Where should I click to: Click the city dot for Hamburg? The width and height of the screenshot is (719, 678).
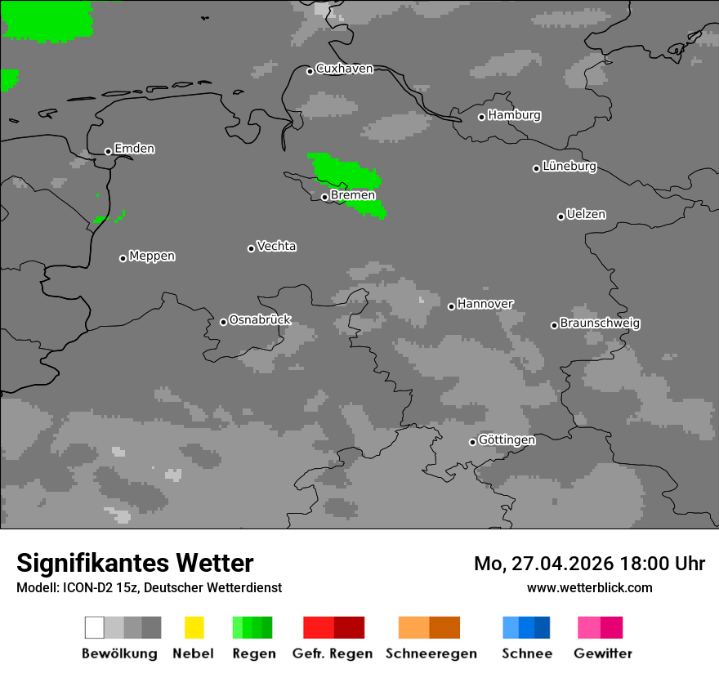coord(482,117)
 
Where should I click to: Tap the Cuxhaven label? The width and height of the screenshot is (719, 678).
coord(344,69)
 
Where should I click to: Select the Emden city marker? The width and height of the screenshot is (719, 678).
coord(108,151)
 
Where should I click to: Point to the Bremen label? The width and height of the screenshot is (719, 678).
coord(353,195)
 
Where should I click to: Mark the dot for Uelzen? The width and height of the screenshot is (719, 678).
coord(560,216)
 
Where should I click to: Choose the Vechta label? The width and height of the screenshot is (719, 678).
coord(276,246)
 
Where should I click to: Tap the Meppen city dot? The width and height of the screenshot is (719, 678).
coord(123,258)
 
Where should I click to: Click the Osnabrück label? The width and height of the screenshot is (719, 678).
coord(260,320)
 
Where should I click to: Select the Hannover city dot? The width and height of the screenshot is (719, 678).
coord(451,306)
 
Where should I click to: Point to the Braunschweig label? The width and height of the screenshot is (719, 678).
coord(600,323)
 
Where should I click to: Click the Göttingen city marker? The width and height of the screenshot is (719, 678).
coord(472,442)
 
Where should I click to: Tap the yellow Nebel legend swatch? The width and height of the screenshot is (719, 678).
coord(194,627)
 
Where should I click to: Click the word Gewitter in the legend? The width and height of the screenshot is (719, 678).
coord(603,653)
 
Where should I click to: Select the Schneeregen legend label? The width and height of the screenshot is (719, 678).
coord(431,653)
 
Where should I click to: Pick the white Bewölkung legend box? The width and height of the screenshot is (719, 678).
coord(94,627)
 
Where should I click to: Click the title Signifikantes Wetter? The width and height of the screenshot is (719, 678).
coord(135,564)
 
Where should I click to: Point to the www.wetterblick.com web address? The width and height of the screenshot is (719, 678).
coord(589,587)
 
